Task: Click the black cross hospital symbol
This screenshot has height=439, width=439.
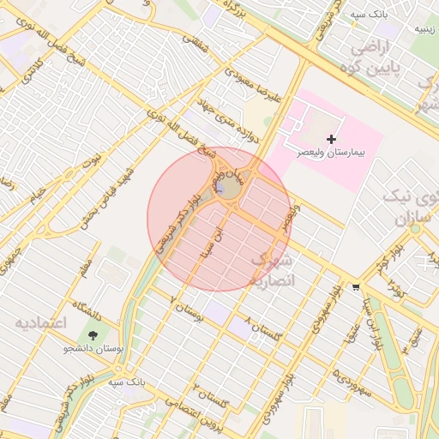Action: pyautogui.click(x=332, y=139)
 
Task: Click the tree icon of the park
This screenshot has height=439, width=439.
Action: pyautogui.click(x=93, y=333)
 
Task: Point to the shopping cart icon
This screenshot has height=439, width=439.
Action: pyautogui.click(x=356, y=287)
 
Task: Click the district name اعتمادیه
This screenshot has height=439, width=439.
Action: pyautogui.click(x=39, y=323)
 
